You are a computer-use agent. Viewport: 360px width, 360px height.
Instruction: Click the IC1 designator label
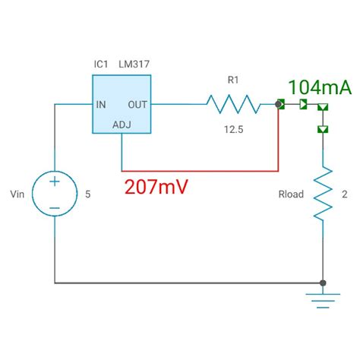click(x=102, y=65)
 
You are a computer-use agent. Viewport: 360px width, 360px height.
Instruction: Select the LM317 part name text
click(x=134, y=65)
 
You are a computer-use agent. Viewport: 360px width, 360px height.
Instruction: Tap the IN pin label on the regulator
click(x=102, y=104)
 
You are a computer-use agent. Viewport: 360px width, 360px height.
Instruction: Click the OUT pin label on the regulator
click(x=137, y=104)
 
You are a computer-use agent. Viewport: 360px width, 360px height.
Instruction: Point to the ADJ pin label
click(x=122, y=124)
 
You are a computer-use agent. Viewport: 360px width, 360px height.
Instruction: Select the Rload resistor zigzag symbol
click(x=324, y=193)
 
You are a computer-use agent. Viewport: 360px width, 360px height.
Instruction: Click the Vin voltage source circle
click(x=55, y=194)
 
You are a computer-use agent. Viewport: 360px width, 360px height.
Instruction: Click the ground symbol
click(x=324, y=299)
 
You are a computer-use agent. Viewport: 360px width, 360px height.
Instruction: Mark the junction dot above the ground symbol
click(x=324, y=283)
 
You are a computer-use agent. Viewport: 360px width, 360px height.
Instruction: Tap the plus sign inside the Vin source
click(x=55, y=183)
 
